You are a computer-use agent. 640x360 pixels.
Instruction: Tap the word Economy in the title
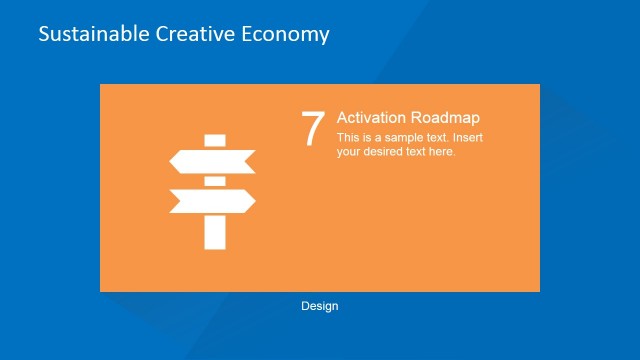tap(286, 34)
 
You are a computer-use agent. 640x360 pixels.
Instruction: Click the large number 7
tap(313, 129)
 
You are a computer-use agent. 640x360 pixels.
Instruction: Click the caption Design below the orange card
tap(319, 306)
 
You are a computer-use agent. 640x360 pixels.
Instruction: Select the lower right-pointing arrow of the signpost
tap(213, 201)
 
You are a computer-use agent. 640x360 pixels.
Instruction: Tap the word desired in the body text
tap(388, 152)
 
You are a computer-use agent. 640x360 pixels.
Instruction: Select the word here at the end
tap(441, 152)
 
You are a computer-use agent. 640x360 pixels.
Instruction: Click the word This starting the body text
tap(348, 138)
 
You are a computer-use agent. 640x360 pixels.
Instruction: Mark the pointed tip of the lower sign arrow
tap(254, 201)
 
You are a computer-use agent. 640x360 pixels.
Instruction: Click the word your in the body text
tap(349, 152)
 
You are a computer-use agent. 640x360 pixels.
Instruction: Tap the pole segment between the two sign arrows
tap(213, 181)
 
